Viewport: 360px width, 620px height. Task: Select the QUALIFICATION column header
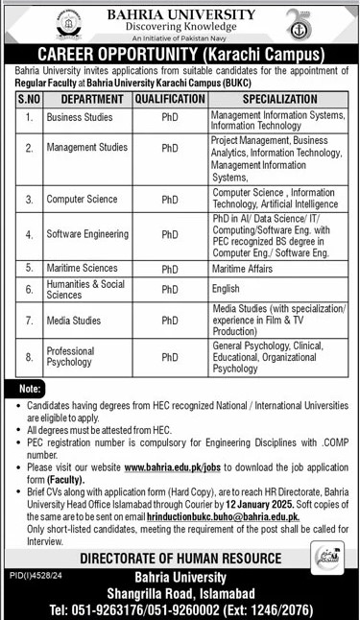click(x=169, y=99)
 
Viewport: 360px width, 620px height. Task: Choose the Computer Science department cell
click(x=81, y=200)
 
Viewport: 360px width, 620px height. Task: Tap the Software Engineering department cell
click(x=86, y=234)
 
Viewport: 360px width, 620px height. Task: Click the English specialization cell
click(x=227, y=288)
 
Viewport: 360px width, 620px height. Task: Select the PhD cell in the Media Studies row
click(x=169, y=317)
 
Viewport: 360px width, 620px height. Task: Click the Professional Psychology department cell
click(x=74, y=357)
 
